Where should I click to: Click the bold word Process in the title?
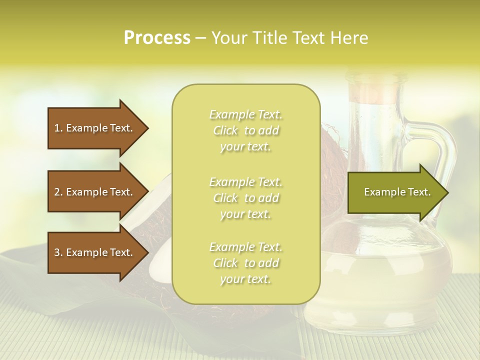pyautogui.click(x=157, y=38)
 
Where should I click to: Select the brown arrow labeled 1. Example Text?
pyautogui.click(x=95, y=128)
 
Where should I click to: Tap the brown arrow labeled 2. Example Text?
pyautogui.click(x=95, y=192)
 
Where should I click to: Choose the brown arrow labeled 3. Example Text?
pyautogui.click(x=95, y=252)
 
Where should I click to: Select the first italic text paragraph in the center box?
pyautogui.click(x=245, y=130)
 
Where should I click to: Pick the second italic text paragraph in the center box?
pyautogui.click(x=245, y=198)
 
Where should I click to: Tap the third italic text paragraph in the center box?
pyautogui.click(x=245, y=263)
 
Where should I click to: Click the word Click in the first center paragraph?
pyautogui.click(x=225, y=131)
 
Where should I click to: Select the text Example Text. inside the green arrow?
pyautogui.click(x=397, y=192)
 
